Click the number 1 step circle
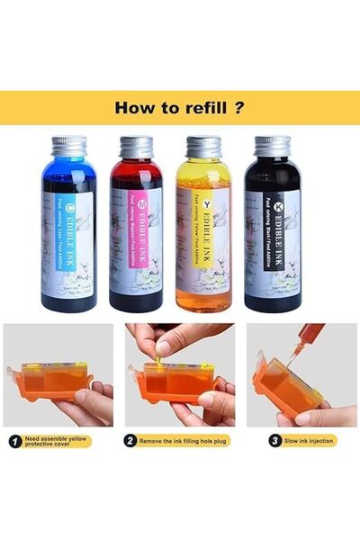pos(15,442)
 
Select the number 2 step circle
pos(131,442)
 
